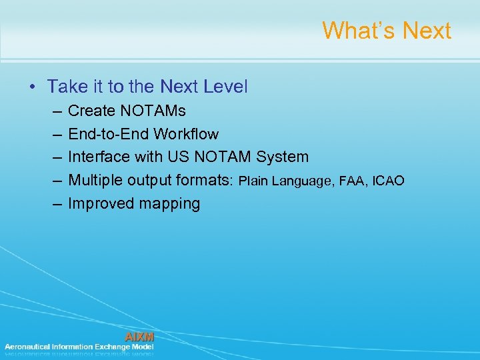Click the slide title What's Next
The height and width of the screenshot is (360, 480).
[x=387, y=31]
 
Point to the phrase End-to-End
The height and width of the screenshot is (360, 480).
[x=109, y=134]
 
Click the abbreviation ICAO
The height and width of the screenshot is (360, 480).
[x=389, y=181]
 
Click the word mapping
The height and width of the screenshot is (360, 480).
[x=169, y=204]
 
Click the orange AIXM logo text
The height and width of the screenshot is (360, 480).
[x=139, y=337]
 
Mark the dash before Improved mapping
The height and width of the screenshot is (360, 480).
[x=53, y=204]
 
